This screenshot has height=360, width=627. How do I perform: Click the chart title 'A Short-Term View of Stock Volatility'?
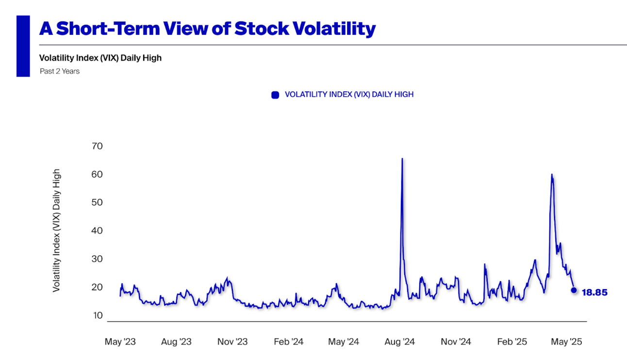207,29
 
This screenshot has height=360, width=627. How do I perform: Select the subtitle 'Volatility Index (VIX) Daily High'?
100,58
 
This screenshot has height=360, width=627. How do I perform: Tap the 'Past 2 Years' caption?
60,71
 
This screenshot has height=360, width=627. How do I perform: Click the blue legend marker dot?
275,95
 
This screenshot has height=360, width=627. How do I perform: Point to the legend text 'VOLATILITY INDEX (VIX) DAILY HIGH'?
349,95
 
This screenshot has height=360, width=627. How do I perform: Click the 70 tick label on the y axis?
97,146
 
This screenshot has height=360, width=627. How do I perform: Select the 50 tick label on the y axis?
97,202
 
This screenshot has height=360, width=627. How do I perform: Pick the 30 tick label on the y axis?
97,259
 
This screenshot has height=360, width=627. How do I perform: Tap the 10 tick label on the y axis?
97,315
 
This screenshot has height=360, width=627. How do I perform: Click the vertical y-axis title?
57,230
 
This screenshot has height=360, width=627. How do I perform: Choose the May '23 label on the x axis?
120,342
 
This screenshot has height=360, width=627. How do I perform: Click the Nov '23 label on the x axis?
232,342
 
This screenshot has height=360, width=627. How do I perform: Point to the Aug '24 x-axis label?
399,342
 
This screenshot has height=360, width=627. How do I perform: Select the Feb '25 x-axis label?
512,342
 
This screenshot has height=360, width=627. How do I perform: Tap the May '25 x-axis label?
566,342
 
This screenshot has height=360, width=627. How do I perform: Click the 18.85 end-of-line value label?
594,293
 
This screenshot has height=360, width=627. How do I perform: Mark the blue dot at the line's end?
574,290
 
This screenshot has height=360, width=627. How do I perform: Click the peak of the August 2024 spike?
402,159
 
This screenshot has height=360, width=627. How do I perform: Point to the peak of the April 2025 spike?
552,175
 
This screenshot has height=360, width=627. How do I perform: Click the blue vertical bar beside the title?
23,46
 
